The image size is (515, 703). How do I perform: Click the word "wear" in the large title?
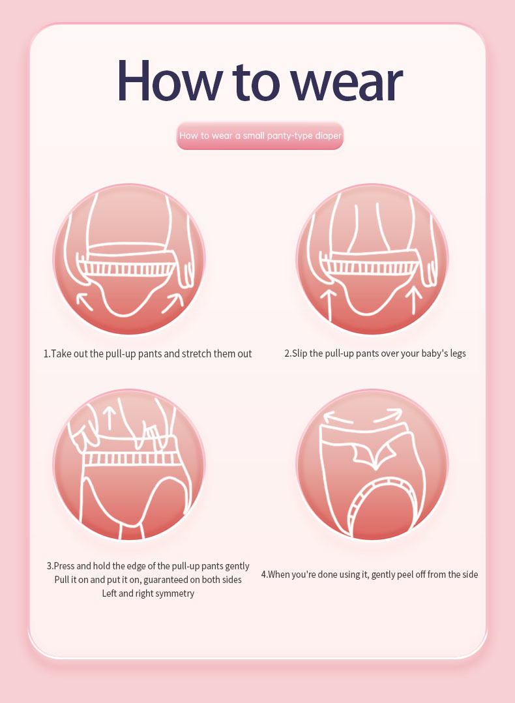tap(346, 82)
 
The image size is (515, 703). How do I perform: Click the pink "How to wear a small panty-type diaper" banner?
tap(260, 136)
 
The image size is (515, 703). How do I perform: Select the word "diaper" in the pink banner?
tap(328, 136)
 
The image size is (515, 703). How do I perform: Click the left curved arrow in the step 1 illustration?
tap(84, 301)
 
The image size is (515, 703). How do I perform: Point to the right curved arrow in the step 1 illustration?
tap(173, 303)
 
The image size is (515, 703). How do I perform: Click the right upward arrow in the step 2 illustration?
tap(413, 300)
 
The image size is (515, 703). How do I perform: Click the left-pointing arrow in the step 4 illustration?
tap(339, 417)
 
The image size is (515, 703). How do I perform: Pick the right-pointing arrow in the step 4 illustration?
tap(388, 415)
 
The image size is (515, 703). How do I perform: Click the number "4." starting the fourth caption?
tap(265, 575)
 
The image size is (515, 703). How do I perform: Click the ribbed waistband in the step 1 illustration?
tap(127, 267)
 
